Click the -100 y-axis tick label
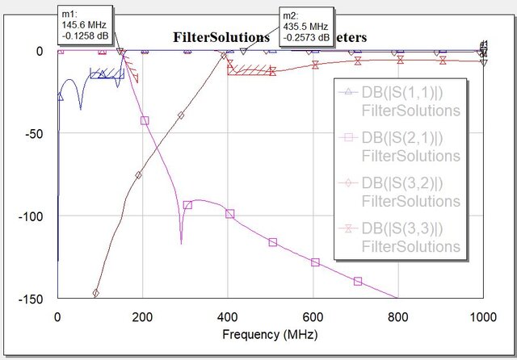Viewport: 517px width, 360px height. [x=32, y=216]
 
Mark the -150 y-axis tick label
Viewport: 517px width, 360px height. [x=32, y=299]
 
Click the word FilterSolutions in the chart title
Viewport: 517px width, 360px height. [x=221, y=37]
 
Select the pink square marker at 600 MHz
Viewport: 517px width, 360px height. [x=315, y=262]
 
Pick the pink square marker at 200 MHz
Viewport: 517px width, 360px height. [x=145, y=120]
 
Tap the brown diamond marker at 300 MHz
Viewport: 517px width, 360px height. [x=181, y=115]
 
